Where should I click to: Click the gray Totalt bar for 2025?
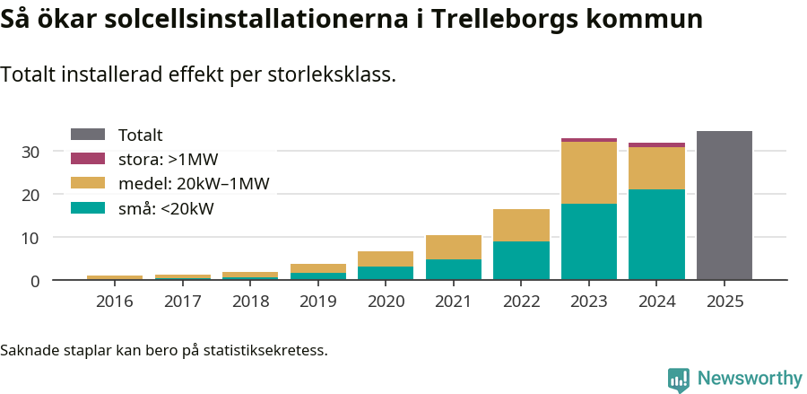tap(724, 206)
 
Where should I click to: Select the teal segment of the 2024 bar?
tap(656, 234)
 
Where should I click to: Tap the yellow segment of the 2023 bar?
tap(588, 172)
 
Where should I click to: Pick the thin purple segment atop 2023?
tap(588, 140)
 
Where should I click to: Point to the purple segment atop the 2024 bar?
tap(656, 144)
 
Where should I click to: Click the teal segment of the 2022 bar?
tap(521, 260)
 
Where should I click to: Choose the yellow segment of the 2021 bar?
tap(453, 247)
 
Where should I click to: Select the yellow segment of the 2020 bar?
tap(386, 258)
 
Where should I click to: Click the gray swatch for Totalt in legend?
tap(88, 135)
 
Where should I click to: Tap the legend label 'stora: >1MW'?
tap(168, 160)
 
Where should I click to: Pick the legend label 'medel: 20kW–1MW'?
tap(194, 184)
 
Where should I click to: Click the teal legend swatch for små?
tap(88, 208)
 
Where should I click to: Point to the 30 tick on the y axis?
tap(30, 152)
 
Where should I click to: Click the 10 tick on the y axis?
tap(30, 238)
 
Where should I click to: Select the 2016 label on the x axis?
tap(114, 302)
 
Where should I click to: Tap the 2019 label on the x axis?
tap(317, 302)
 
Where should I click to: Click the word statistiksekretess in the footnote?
tap(265, 349)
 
